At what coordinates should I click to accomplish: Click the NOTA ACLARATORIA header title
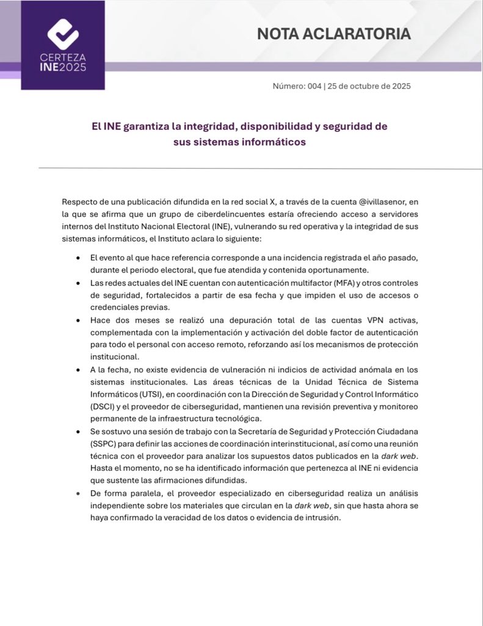point(333,34)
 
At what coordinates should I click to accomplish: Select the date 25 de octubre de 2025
point(369,86)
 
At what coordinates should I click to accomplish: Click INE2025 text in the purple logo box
point(63,67)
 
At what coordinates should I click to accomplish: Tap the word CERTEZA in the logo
point(63,57)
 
